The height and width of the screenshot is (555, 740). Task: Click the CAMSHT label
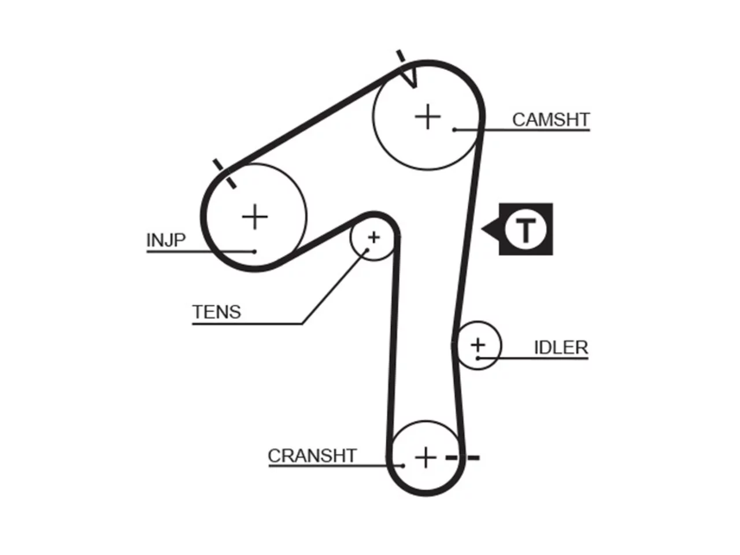click(550, 120)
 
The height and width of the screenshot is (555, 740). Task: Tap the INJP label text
click(166, 240)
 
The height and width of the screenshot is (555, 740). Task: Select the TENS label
click(216, 312)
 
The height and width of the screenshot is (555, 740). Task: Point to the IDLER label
click(561, 348)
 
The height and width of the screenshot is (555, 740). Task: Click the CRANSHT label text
click(312, 456)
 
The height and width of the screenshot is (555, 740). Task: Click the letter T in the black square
click(526, 230)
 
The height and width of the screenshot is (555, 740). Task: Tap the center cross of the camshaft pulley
click(427, 117)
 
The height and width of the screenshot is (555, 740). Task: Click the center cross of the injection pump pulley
click(255, 217)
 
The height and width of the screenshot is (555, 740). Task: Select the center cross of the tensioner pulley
click(373, 238)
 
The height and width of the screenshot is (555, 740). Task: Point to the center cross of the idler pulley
click(478, 345)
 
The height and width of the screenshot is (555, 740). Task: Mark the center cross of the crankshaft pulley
click(425, 458)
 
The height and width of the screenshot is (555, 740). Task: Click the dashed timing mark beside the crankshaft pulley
click(462, 458)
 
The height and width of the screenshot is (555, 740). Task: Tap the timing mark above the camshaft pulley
click(401, 56)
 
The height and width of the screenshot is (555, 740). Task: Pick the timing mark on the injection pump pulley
click(224, 173)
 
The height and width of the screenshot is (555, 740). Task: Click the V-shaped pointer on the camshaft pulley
click(411, 78)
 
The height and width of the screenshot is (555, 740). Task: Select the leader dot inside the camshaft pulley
click(454, 129)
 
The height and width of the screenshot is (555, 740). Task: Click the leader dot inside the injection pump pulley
click(254, 251)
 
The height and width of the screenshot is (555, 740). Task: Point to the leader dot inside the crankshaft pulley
click(402, 466)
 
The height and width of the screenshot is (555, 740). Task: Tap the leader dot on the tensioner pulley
click(368, 250)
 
